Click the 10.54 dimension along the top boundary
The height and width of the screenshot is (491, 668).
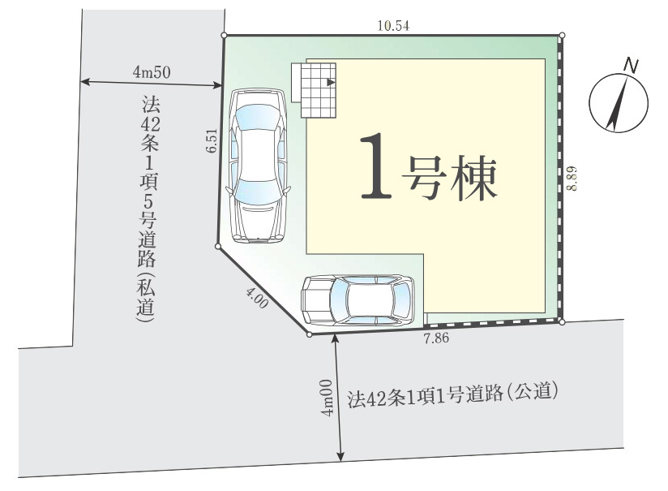click(x=393, y=25)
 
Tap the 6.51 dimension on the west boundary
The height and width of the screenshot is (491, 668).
click(x=212, y=142)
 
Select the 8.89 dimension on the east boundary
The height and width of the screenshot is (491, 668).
click(x=573, y=178)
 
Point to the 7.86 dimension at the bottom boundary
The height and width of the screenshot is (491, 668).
click(x=436, y=338)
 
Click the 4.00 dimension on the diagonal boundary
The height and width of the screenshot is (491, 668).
click(x=257, y=297)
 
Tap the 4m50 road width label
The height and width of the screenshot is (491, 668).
click(x=151, y=72)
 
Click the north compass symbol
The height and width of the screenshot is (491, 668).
click(x=619, y=101)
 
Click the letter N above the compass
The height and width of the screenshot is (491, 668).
click(x=631, y=64)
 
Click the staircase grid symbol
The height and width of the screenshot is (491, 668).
click(x=319, y=88)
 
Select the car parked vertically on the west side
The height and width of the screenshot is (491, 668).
click(x=258, y=166)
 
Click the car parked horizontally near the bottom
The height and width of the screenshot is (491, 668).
click(x=358, y=299)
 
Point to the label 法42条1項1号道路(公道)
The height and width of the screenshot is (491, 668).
click(x=454, y=396)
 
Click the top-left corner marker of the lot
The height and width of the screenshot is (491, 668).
click(x=224, y=35)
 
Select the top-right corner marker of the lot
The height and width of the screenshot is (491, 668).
click(x=562, y=35)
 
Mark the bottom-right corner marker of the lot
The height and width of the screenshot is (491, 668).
click(x=562, y=321)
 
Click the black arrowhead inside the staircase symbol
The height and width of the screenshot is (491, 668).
click(x=331, y=82)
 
